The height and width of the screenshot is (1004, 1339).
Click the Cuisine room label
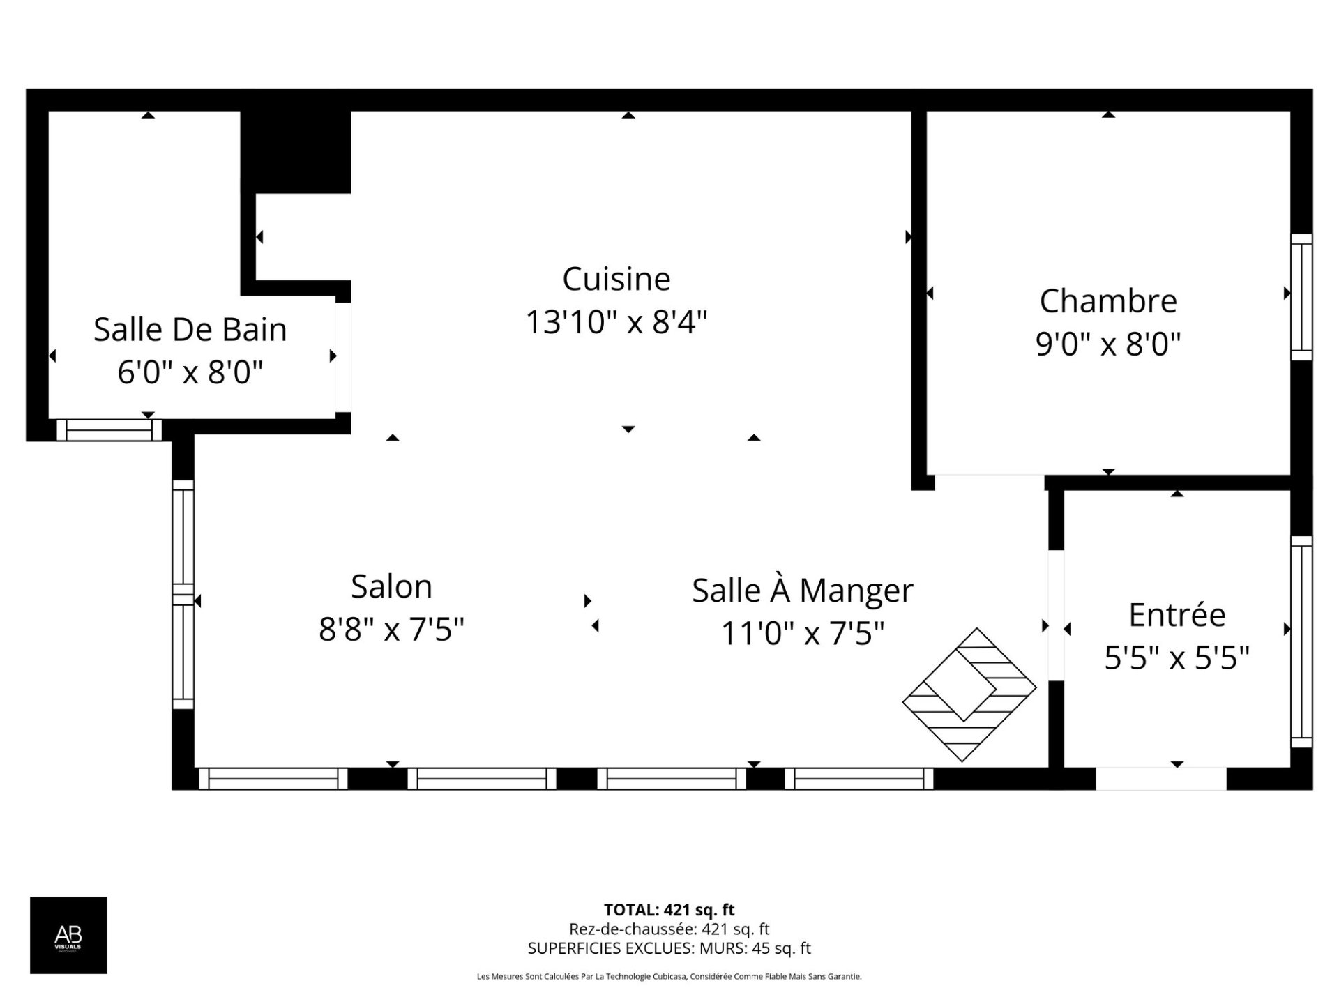coord(616,280)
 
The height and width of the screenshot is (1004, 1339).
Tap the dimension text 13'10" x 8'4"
coord(616,323)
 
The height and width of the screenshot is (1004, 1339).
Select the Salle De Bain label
coord(190,330)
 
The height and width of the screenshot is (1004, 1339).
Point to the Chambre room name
coord(1108,301)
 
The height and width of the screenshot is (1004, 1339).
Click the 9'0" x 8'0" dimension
coord(1108,344)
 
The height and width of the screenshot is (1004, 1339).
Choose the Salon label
coord(391,586)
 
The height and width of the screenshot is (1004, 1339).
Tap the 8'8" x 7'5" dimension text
coord(391,630)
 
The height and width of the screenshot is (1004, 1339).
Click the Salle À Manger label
coord(802,591)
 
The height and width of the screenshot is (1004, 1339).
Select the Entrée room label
coord(1177,615)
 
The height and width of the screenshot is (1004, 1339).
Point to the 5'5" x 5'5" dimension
coord(1177,657)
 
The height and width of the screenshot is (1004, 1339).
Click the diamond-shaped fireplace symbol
coord(969,694)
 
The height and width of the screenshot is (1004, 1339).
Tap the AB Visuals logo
coord(68,935)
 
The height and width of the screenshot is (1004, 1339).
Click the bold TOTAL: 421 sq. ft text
coord(669,910)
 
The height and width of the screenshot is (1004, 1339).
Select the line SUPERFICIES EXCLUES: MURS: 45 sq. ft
coord(669,948)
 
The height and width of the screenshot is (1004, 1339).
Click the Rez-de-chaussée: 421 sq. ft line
coord(669,929)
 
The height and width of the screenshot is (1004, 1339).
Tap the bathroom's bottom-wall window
coord(109,430)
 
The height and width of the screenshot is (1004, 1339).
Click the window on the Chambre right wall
coord(1301,298)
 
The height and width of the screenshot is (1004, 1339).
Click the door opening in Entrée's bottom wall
coord(1160,778)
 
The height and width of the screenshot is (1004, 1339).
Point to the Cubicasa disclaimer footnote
coord(669,977)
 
